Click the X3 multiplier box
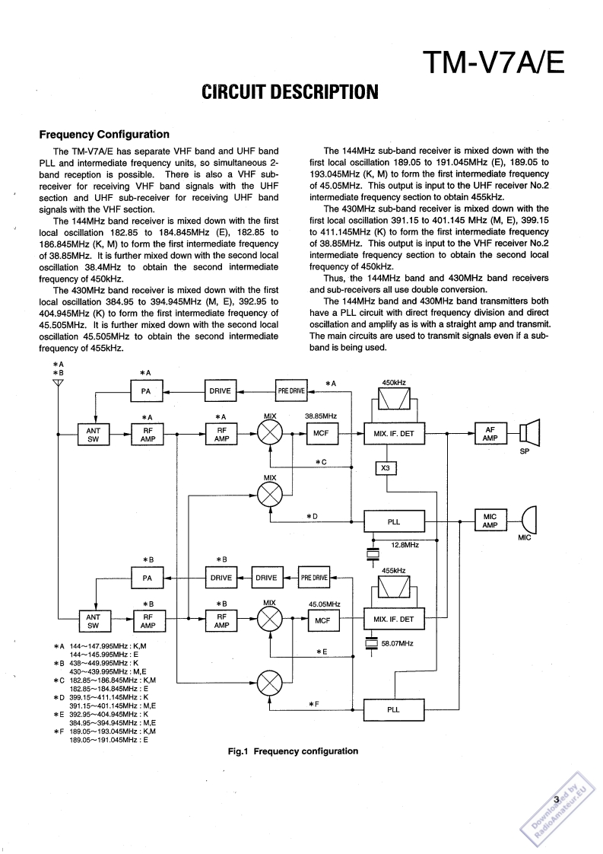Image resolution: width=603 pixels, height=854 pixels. (x=386, y=467)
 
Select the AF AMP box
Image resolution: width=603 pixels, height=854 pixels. (x=490, y=434)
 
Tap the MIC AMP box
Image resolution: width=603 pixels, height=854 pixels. (x=490, y=521)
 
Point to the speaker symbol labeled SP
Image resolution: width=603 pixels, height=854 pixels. (x=529, y=434)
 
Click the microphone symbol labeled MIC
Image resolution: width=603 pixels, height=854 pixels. (x=530, y=521)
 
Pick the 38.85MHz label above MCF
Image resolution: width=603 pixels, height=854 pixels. (x=322, y=417)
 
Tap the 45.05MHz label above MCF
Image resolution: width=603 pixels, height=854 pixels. (x=324, y=604)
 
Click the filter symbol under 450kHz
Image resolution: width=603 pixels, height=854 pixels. (x=394, y=400)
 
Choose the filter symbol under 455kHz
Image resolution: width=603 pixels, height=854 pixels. (x=394, y=586)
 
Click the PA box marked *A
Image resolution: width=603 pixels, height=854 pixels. (x=146, y=391)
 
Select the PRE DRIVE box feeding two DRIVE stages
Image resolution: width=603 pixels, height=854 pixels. (x=314, y=578)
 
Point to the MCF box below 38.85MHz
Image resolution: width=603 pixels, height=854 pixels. (x=320, y=434)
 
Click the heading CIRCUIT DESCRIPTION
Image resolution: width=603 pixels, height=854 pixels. (x=289, y=93)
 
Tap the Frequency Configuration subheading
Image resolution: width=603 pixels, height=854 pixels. (x=104, y=135)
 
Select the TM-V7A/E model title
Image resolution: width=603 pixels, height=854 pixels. (x=493, y=62)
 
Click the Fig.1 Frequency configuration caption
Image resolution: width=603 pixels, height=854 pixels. (x=293, y=751)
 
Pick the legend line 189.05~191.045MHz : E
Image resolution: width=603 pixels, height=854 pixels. (x=108, y=739)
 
